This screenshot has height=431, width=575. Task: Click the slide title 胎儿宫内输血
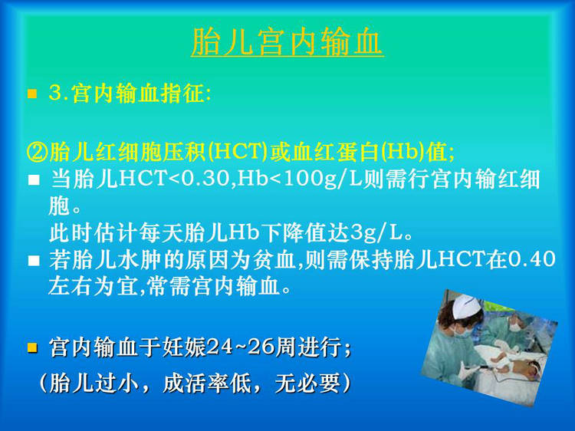(x=287, y=42)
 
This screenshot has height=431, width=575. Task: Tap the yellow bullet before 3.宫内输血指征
(x=32, y=94)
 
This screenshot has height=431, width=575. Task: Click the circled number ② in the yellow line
(x=38, y=152)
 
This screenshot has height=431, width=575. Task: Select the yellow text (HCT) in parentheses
(x=238, y=152)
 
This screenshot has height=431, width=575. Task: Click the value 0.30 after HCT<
(x=208, y=179)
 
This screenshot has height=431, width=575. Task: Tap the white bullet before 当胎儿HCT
(x=34, y=179)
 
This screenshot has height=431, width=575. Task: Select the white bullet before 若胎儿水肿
(x=34, y=261)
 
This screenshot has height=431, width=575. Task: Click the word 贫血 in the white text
(x=275, y=259)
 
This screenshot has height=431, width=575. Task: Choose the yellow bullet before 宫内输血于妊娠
(x=32, y=347)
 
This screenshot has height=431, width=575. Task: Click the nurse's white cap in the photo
(x=465, y=306)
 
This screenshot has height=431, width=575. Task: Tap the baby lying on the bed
(x=519, y=361)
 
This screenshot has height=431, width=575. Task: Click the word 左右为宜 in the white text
(x=93, y=286)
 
